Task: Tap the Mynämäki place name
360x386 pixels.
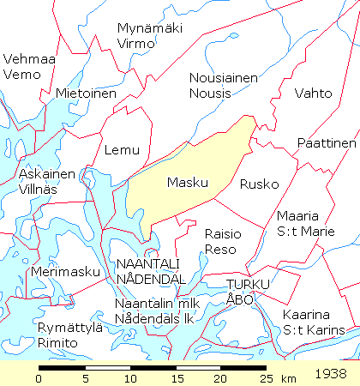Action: coord(147,28)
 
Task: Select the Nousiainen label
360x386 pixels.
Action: coord(223,78)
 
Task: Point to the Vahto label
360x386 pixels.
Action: coord(312,93)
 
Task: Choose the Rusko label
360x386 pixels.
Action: coord(260,184)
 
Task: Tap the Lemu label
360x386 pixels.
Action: coord(121,150)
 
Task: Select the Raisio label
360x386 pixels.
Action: coord(223,233)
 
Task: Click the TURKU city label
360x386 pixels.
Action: coord(248,284)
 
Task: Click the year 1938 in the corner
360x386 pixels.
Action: coord(332,375)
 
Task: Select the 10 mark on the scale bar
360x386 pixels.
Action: coord(129,378)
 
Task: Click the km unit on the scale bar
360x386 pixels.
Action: coord(288,378)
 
